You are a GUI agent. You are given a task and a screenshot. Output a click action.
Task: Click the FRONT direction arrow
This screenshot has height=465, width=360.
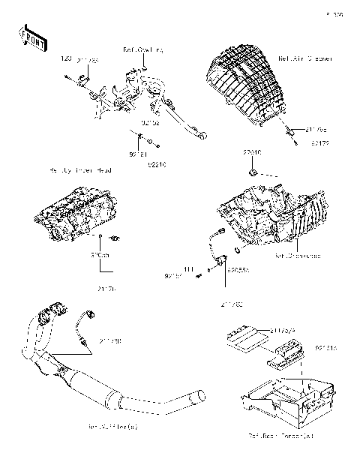click(28, 38)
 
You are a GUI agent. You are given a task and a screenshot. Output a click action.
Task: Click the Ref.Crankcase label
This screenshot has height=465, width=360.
click(298, 256)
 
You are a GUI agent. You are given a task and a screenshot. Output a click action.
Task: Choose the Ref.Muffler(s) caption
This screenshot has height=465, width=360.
click(114, 427)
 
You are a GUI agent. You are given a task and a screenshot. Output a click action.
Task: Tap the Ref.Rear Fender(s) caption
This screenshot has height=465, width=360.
click(280, 435)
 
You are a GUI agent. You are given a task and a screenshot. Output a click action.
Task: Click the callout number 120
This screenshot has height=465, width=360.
click(64, 58)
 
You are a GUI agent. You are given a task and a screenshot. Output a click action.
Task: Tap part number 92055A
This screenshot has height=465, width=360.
click(238, 268)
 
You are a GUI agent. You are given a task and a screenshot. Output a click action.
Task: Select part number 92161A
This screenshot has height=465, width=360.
click(326, 348)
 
